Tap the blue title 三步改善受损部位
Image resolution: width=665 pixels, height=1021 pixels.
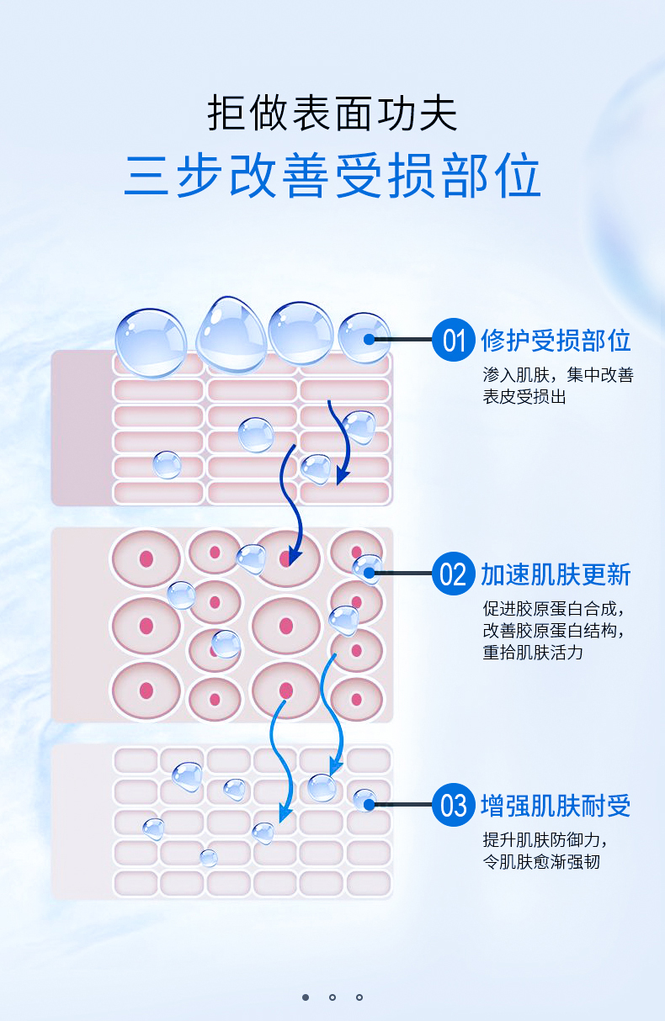coord(332,176)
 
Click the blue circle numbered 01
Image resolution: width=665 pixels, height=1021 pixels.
coord(454,340)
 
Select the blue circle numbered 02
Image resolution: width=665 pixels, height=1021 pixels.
coord(454,574)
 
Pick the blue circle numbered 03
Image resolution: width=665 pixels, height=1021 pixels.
coord(454,805)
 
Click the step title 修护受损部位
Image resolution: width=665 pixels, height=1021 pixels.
coord(556,341)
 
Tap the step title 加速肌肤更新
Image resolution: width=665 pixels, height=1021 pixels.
coord(556,574)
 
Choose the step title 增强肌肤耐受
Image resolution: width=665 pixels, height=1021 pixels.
coord(556,806)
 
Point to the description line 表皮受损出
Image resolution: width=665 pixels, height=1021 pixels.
coord(524,397)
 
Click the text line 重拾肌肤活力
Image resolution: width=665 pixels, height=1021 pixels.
coord(533,652)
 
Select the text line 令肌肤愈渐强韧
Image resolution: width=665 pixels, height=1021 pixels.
coord(541,861)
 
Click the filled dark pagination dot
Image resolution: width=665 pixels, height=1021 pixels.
coord(306,997)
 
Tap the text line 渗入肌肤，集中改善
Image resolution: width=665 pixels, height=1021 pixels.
coord(558,375)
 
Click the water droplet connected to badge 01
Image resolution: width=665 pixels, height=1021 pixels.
coord(364,338)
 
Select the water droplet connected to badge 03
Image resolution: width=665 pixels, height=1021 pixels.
coord(364,800)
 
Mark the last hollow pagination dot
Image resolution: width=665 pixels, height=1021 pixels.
coord(359,997)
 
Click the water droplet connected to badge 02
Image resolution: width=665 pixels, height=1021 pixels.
coord(367,569)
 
